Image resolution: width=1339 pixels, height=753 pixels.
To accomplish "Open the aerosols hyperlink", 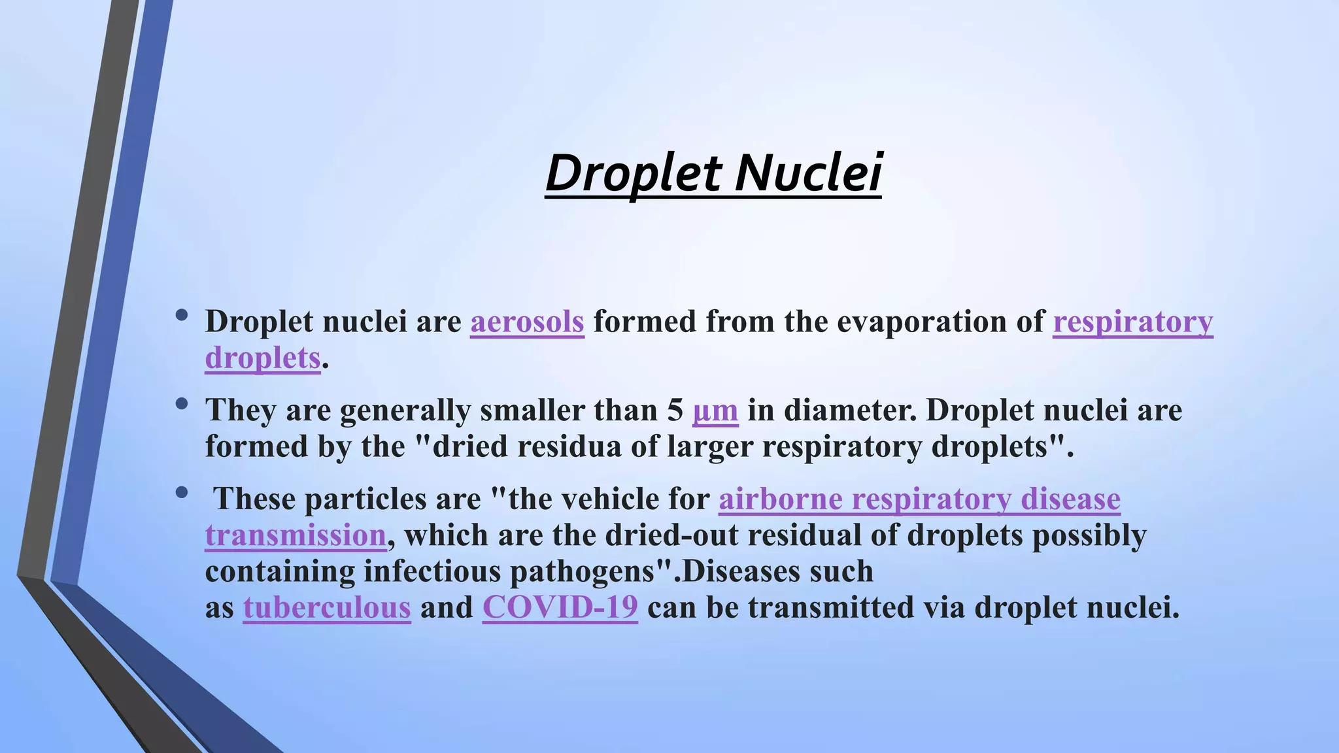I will [527, 322].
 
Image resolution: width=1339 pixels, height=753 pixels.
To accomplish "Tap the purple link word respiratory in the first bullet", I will [1132, 322].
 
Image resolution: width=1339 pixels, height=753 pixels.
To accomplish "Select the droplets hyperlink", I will [262, 358].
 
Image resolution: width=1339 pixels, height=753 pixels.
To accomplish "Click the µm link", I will [715, 410].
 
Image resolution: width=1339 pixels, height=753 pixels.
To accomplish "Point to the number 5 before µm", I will [675, 410].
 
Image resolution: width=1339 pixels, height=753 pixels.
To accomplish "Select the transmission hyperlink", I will [296, 535].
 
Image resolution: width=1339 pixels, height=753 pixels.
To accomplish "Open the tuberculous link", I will [327, 608].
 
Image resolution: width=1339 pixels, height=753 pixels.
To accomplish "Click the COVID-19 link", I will [560, 608].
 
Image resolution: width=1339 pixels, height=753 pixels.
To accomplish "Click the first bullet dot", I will [182, 316].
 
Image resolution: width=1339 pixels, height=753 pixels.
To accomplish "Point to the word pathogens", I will [582, 572].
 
